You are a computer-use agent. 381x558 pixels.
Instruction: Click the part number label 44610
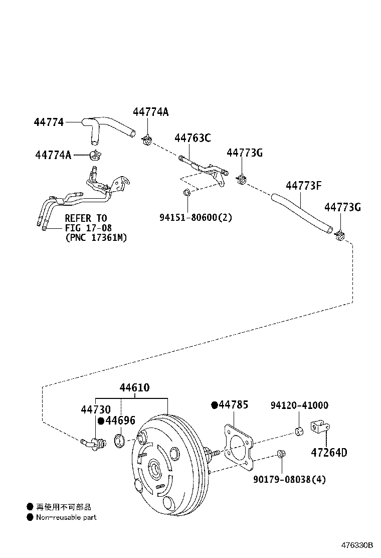(134, 388)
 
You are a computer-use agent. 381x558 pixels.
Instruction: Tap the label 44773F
(303, 186)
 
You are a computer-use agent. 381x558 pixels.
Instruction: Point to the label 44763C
(193, 138)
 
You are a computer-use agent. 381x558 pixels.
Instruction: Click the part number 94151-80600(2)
(196, 217)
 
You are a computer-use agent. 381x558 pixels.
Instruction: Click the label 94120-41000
(299, 405)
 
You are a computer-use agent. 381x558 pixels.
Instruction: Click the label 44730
(95, 410)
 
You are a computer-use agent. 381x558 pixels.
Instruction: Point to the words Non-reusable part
(66, 517)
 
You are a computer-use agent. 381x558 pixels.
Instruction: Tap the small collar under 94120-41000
(299, 432)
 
